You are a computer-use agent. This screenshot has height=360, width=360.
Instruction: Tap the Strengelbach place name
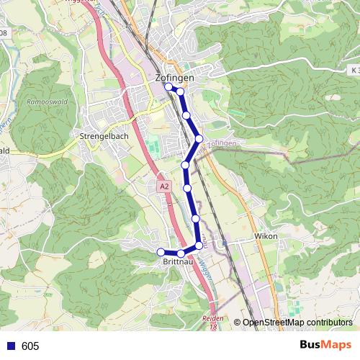[x=104, y=135]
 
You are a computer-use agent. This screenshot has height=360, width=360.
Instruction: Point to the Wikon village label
[x=266, y=236]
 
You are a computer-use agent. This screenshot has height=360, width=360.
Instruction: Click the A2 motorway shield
[x=165, y=186]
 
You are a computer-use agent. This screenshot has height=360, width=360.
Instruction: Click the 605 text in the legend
[x=30, y=346]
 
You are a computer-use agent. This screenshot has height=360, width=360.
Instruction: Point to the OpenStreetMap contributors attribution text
[x=297, y=323]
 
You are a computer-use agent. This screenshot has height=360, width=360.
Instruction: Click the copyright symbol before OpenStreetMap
[x=238, y=323]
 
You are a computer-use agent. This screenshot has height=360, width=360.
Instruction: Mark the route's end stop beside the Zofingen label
[x=168, y=86]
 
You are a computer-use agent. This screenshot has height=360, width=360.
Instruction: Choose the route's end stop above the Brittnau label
[x=161, y=251]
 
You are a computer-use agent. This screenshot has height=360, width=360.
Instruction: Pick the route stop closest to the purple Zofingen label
[x=199, y=138]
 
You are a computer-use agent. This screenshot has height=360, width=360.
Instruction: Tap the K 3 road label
[x=354, y=70]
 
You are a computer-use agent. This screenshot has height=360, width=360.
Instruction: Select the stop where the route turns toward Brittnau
[x=199, y=246]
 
